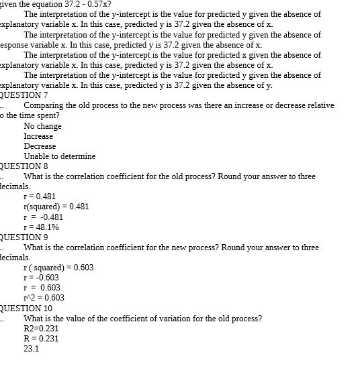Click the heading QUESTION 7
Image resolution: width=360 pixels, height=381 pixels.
tap(24, 95)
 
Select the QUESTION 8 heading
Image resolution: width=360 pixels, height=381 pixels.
tap(24, 166)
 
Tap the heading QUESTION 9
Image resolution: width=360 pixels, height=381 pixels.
tap(24, 237)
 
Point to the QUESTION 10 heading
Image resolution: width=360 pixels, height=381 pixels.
tap(26, 308)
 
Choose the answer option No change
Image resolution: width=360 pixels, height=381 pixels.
tap(42, 126)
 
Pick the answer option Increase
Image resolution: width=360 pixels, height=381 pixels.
tap(38, 136)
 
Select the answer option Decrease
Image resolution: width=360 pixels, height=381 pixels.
tap(40, 146)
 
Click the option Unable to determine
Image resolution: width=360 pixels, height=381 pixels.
tap(60, 156)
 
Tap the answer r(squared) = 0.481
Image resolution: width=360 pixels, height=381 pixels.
tap(56, 207)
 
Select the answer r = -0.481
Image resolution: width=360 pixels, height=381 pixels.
tap(44, 217)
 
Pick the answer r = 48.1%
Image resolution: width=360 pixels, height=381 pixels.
tap(42, 227)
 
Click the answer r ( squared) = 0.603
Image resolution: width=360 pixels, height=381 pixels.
tap(58, 268)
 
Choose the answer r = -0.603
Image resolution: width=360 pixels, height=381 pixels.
tap(42, 278)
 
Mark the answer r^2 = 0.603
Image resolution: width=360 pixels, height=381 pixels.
tap(44, 298)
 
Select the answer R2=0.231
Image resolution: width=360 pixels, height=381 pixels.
tap(41, 329)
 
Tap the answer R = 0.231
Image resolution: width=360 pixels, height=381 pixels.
tap(41, 339)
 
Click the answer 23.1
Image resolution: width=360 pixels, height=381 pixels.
tap(32, 349)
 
